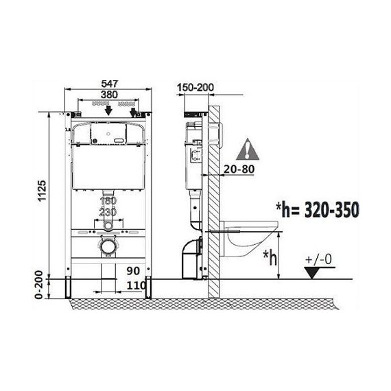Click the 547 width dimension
[109, 84]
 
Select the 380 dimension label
[109, 95]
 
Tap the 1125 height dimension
[42, 191]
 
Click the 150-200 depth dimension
[195, 88]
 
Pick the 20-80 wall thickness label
[239, 169]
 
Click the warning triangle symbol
[248, 150]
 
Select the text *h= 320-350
[318, 209]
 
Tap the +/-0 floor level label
[318, 259]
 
